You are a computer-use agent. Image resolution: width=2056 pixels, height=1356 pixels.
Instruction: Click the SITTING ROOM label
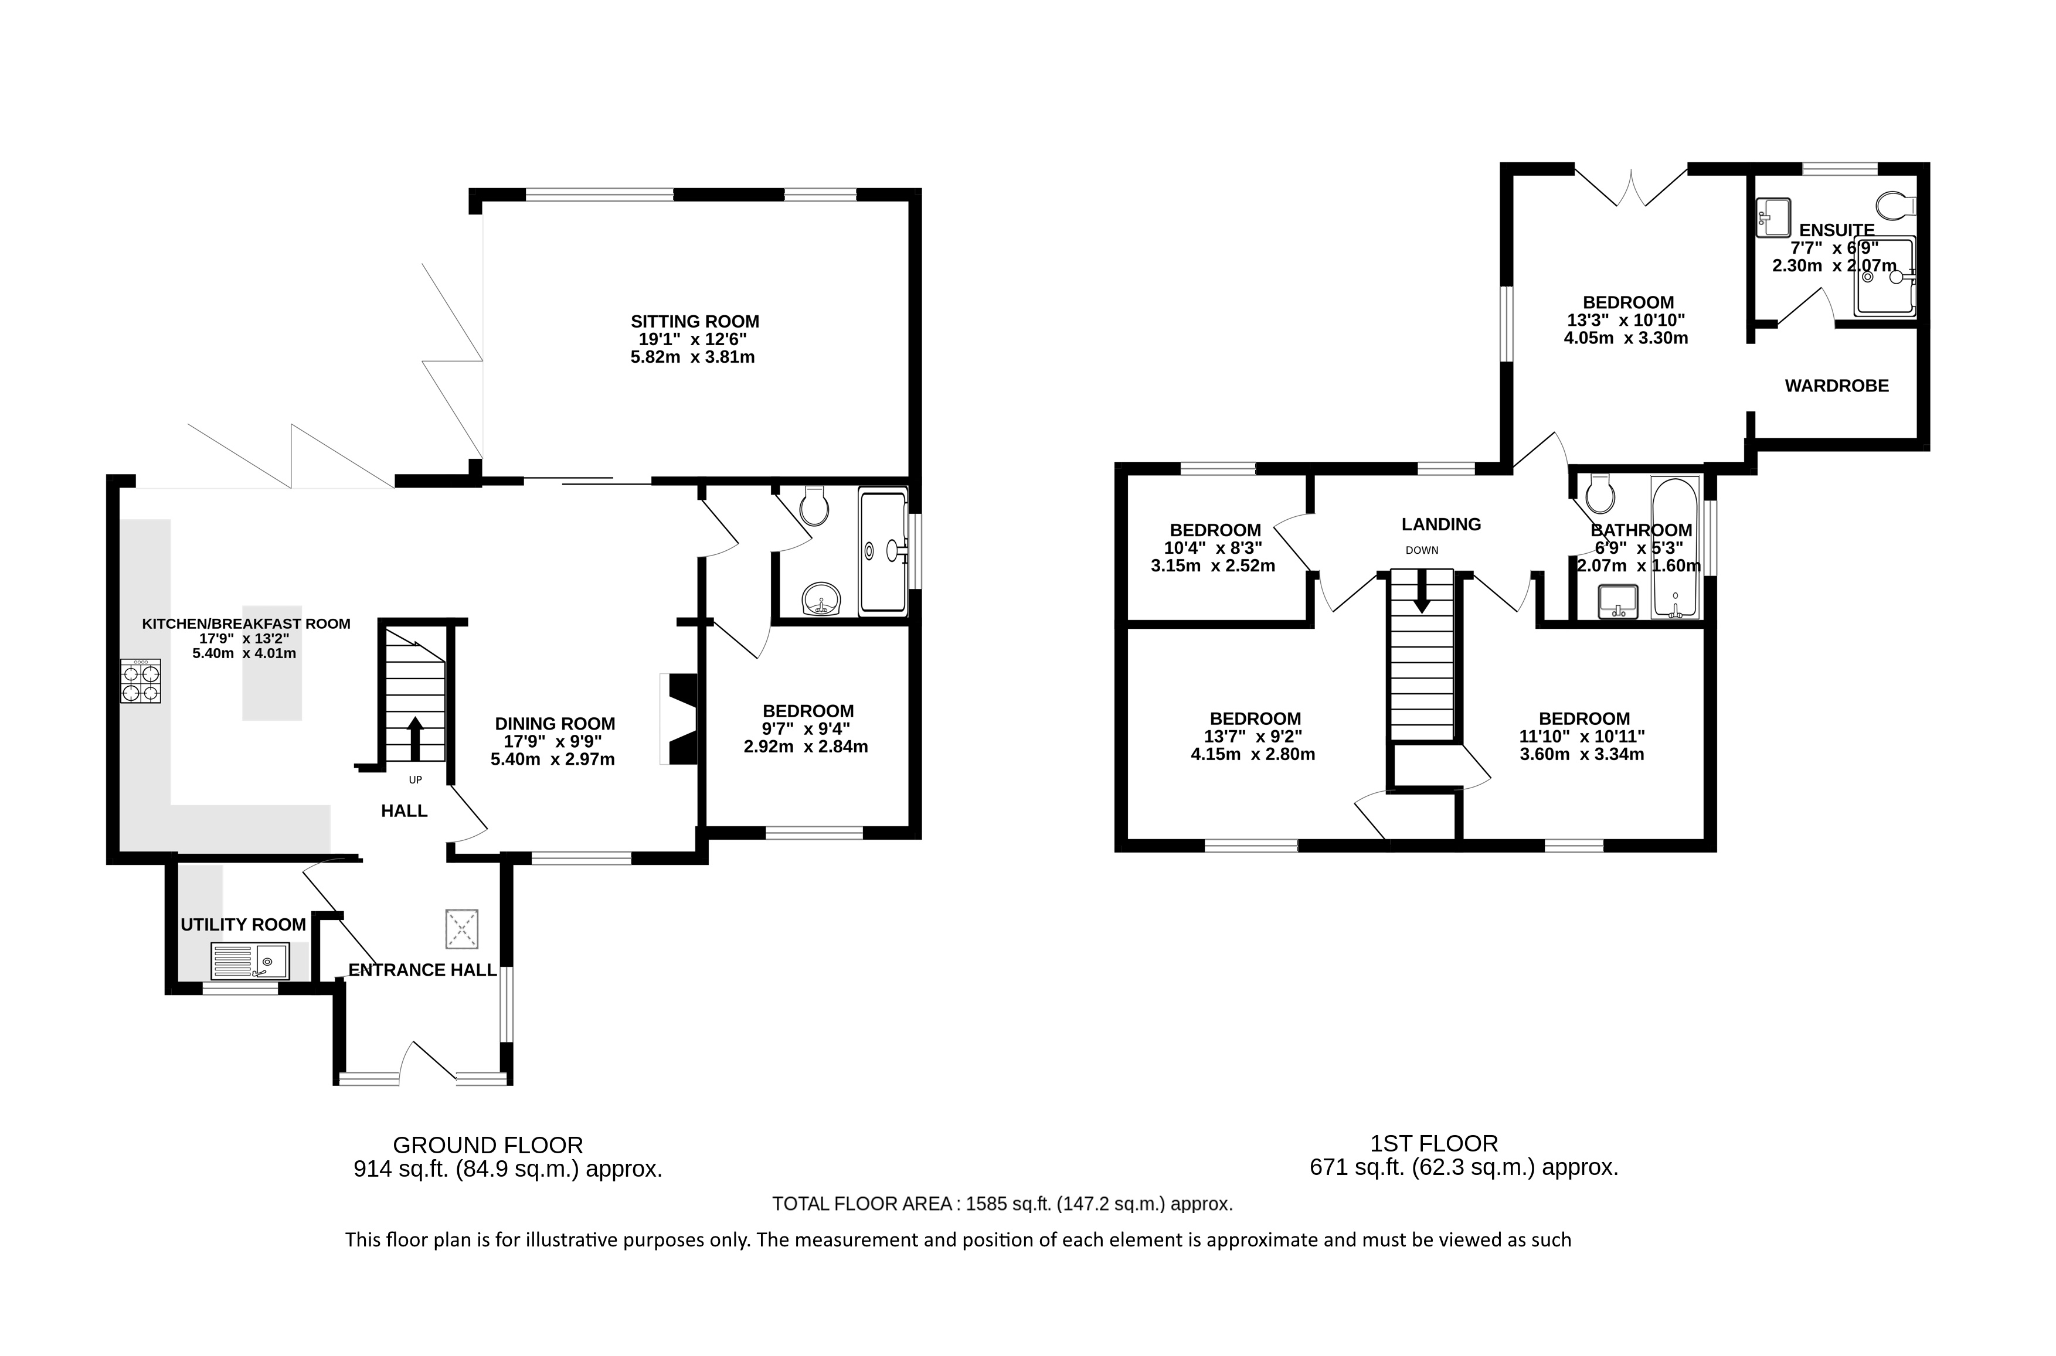pyautogui.click(x=695, y=322)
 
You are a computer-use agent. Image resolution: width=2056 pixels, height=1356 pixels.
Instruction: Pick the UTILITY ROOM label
pyautogui.click(x=243, y=925)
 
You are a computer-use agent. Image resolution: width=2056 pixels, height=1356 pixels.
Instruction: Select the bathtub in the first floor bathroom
pyautogui.click(x=1676, y=547)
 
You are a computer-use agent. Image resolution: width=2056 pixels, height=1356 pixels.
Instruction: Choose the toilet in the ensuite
pyautogui.click(x=1898, y=206)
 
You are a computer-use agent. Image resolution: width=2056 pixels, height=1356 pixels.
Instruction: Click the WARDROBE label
pyautogui.click(x=1836, y=386)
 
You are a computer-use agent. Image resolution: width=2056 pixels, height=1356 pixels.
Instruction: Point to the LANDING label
pyautogui.click(x=1441, y=524)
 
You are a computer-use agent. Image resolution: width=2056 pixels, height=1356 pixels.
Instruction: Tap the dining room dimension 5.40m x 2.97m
pyautogui.click(x=553, y=759)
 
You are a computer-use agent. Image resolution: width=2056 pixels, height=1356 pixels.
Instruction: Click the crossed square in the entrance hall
pyautogui.click(x=462, y=929)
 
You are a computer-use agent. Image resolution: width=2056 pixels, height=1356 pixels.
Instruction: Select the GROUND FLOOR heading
pyautogui.click(x=488, y=1145)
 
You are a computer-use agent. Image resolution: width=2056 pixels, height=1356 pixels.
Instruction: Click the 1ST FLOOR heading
pyautogui.click(x=1433, y=1143)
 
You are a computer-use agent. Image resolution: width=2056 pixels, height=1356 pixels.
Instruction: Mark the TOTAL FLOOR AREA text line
pyautogui.click(x=1002, y=1203)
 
